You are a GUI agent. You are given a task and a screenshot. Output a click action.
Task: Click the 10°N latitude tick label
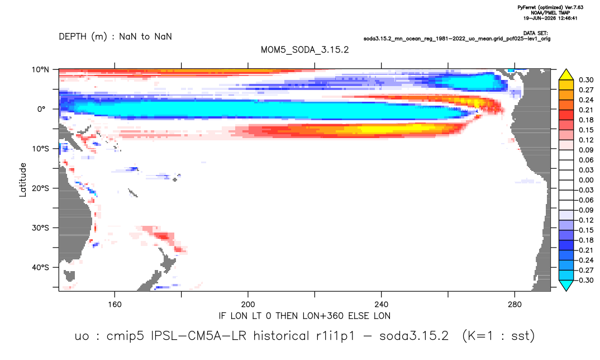(x=40, y=69)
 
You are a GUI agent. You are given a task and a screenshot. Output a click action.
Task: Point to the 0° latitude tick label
(x=41, y=109)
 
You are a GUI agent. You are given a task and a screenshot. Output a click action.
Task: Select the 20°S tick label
(x=40, y=188)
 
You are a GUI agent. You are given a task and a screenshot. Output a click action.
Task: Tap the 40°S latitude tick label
(x=40, y=267)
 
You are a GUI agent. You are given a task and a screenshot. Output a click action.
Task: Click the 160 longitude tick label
(x=115, y=305)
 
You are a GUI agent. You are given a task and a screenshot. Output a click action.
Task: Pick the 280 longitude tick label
(x=515, y=305)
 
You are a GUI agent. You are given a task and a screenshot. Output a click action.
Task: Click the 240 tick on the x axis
(x=381, y=305)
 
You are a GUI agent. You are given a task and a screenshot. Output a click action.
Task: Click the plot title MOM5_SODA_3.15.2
(x=304, y=50)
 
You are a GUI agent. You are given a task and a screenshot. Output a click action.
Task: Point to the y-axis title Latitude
(x=22, y=180)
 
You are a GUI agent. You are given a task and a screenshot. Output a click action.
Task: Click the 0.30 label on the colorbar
(x=586, y=80)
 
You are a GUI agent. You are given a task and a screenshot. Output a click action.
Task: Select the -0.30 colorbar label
(x=585, y=280)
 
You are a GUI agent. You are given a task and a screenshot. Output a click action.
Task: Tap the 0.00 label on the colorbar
(x=586, y=180)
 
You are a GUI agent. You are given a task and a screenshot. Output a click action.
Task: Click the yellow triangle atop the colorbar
(x=566, y=75)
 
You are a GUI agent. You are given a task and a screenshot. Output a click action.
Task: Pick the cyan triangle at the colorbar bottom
(x=566, y=285)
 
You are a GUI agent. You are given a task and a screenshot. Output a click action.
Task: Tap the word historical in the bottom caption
(x=281, y=336)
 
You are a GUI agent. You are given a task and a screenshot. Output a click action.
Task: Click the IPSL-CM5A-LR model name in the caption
(x=198, y=336)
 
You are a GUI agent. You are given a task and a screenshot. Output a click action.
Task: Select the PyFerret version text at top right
(x=550, y=7)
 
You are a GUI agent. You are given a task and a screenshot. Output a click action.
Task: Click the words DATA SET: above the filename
(x=535, y=34)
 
